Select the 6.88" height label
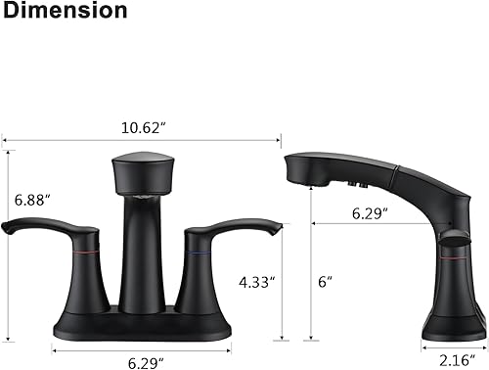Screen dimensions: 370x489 click(x=32, y=199)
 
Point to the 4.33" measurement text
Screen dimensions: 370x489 click(x=258, y=282)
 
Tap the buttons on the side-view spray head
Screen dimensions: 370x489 click(x=354, y=183)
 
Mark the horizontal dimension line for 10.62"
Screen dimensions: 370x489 click(x=142, y=139)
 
